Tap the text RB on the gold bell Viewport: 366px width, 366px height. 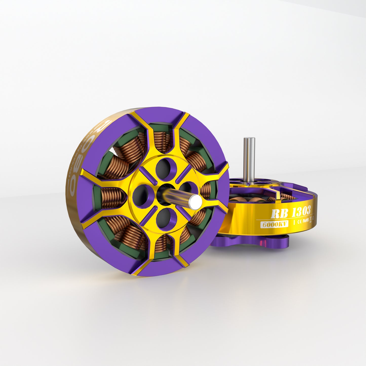279,214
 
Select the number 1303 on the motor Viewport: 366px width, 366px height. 301,212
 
